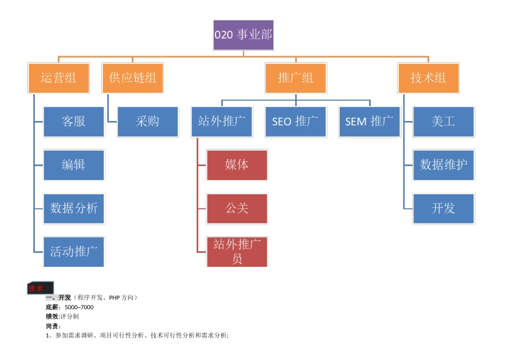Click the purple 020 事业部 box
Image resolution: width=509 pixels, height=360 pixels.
(x=244, y=35)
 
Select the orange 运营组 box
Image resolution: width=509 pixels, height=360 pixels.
(x=58, y=78)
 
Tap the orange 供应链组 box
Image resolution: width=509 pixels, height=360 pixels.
(x=133, y=78)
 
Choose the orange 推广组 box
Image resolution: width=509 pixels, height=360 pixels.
(x=296, y=78)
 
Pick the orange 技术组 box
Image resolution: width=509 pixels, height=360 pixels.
(x=428, y=78)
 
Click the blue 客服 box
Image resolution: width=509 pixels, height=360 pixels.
(x=74, y=122)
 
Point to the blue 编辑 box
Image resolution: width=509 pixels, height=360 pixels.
(x=74, y=164)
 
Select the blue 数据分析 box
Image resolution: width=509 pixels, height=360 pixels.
(x=74, y=208)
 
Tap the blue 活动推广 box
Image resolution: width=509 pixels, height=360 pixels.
(x=74, y=251)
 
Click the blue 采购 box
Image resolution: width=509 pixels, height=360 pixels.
(x=148, y=122)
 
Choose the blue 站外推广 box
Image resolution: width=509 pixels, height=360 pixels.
(x=222, y=122)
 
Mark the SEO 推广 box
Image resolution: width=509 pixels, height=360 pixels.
(x=296, y=122)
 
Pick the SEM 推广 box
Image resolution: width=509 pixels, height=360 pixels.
(x=370, y=122)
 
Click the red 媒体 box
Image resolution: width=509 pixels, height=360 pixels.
(x=237, y=164)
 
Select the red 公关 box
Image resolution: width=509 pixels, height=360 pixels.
(x=237, y=208)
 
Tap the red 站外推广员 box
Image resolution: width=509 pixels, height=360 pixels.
(x=237, y=251)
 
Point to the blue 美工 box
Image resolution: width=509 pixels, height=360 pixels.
(x=444, y=122)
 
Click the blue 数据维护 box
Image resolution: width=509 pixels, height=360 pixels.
(x=444, y=164)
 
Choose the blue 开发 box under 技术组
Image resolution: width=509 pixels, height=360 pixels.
(x=444, y=208)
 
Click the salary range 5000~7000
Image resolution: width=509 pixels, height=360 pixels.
(x=79, y=307)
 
